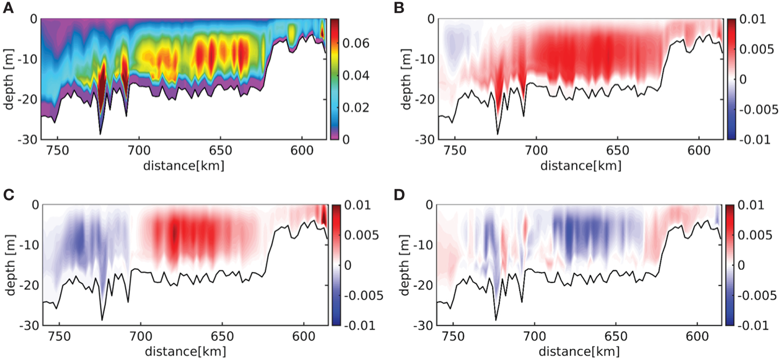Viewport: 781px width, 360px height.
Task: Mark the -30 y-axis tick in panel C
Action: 28,326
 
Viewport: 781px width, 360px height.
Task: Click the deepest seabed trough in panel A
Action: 100,133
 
